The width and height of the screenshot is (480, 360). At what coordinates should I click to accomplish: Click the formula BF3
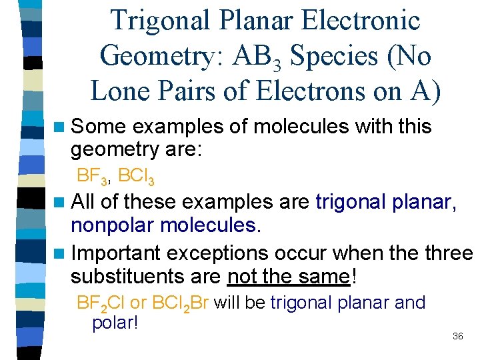pos(93,177)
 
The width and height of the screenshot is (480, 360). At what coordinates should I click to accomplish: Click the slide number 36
pos(457,336)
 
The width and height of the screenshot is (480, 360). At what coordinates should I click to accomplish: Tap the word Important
pos(115,253)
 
